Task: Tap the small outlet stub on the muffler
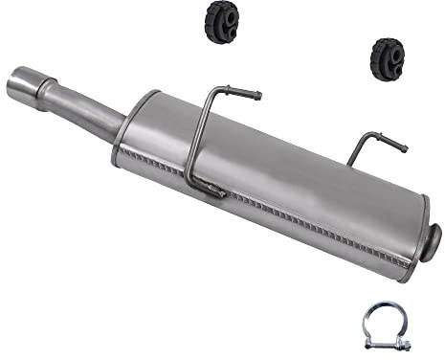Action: click(434, 236)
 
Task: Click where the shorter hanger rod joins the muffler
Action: click(349, 163)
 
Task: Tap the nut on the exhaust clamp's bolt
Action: click(407, 347)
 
